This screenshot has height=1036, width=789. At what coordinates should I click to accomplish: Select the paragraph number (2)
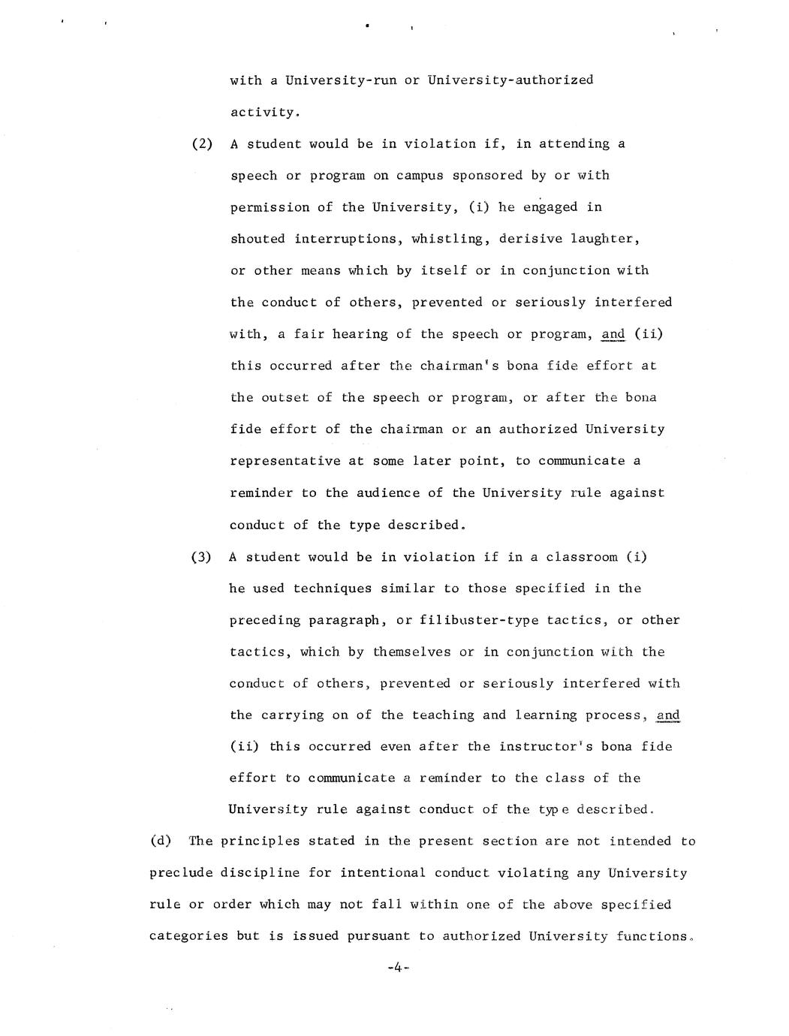click(202, 143)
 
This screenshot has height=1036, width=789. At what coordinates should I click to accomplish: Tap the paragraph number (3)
click(202, 557)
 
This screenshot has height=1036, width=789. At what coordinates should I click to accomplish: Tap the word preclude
click(180, 873)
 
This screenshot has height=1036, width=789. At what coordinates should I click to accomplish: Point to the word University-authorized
click(510, 80)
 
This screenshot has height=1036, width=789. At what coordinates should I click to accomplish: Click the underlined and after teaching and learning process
click(667, 715)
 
